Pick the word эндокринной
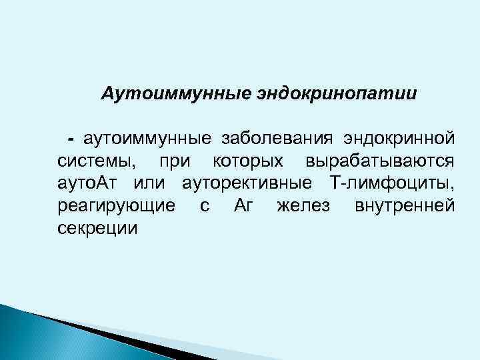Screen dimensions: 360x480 399,138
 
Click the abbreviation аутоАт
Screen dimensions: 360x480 89,183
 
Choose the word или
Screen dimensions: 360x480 151,183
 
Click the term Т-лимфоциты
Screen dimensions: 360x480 392,183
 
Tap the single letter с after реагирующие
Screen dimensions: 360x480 205,206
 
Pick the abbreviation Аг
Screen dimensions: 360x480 245,206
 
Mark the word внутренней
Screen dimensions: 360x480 405,206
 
